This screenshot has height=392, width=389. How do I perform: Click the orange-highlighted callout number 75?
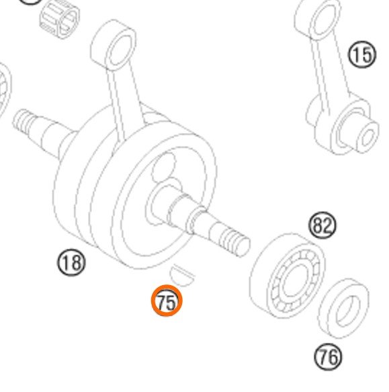pos(167,301)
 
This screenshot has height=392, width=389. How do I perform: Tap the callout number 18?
pos(71,262)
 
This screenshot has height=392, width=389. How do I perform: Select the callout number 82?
pos(322,225)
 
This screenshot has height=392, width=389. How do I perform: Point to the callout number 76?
pos(328,357)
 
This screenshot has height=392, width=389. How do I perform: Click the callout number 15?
pos(362,54)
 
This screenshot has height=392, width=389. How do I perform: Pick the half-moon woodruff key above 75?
pos(182,275)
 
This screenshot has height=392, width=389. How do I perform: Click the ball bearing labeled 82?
pos(288,276)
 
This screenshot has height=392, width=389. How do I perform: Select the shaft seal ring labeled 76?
pos(343,309)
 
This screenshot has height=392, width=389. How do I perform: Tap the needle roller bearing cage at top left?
pos(60,19)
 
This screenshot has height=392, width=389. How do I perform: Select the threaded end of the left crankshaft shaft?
pos(24,121)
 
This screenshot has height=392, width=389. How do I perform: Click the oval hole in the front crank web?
pos(164,167)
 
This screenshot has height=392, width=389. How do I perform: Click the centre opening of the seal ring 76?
pos(348,311)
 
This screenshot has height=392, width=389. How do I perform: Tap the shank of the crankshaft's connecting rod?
pos(125,100)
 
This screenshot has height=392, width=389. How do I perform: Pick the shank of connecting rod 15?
pos(325,70)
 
